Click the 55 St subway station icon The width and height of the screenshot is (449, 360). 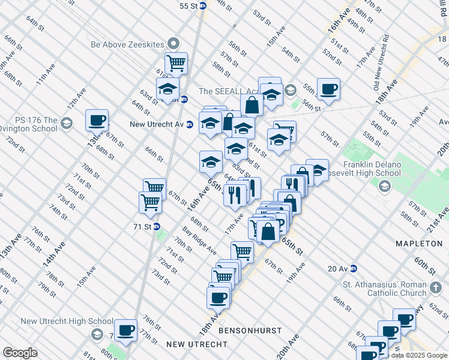203,5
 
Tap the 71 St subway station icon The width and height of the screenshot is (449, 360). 157,227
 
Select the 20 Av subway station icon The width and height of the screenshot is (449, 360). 354,269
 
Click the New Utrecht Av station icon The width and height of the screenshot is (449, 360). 190,125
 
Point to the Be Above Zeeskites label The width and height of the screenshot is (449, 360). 129,44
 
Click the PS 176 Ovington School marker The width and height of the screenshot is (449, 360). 66,124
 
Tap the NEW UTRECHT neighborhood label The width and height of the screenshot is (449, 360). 197,344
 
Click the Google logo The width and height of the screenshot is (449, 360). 20,353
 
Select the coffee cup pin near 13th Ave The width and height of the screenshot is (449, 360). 97,121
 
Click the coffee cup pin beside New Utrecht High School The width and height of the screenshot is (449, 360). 125,329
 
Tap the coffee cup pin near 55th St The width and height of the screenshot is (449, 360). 328,89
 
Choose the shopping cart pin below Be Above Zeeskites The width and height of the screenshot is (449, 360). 176,63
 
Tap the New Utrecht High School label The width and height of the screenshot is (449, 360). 67,321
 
